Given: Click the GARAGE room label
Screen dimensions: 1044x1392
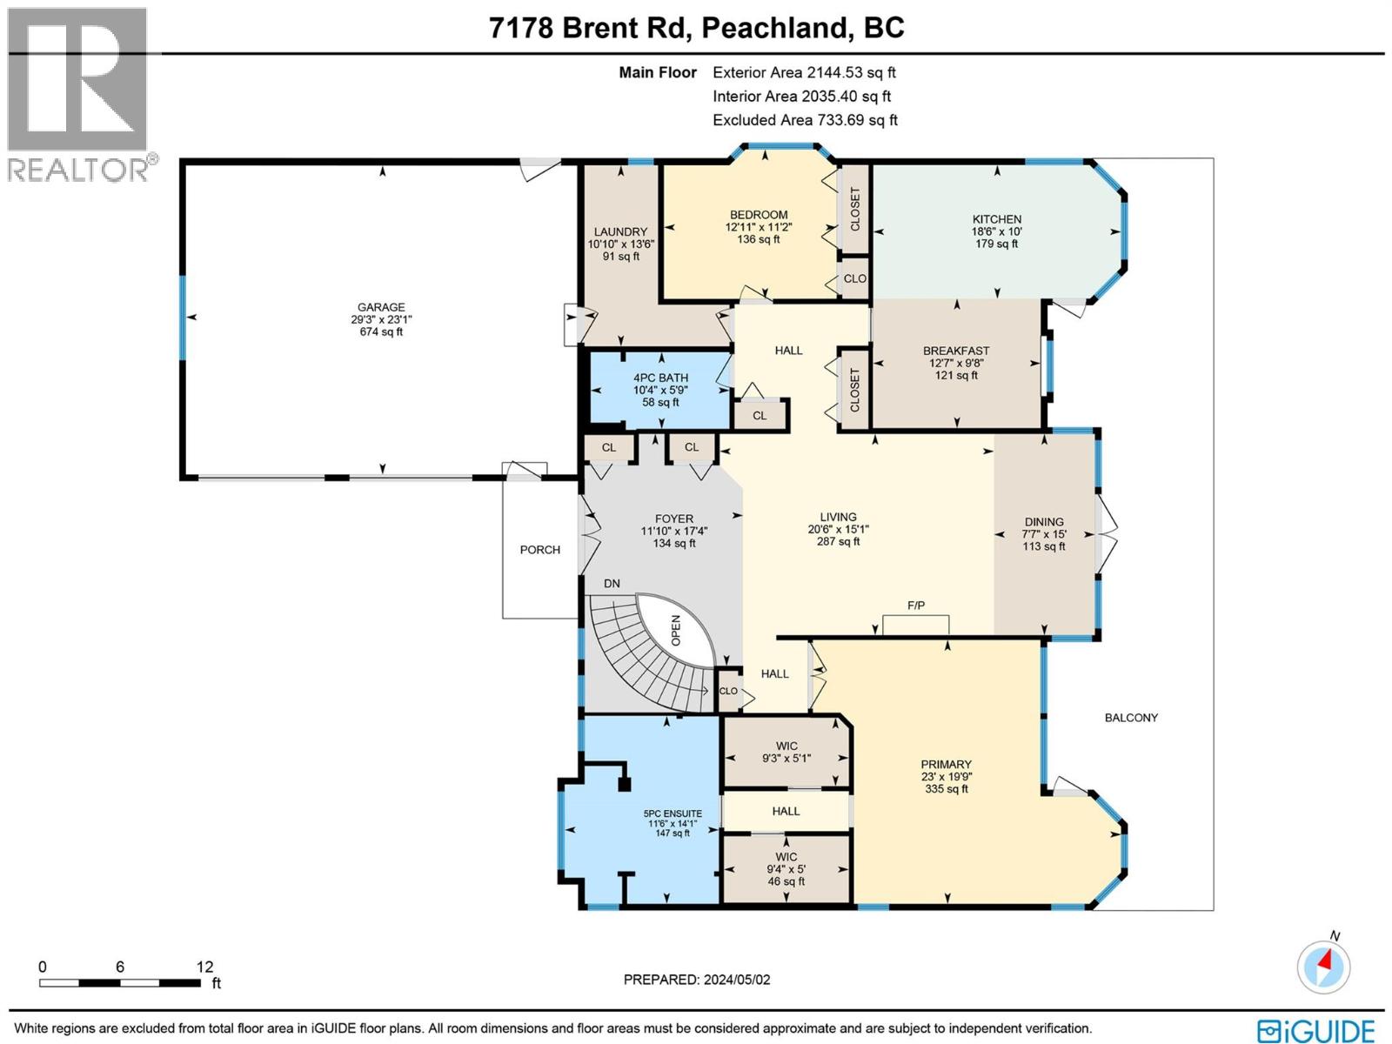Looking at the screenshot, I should tap(381, 307).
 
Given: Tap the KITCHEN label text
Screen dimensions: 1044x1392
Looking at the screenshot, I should tap(997, 219).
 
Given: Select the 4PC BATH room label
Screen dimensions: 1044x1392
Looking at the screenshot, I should tap(660, 378).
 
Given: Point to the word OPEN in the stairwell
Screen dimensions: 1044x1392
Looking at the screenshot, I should tap(676, 631).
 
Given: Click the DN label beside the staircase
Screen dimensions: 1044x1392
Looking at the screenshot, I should tap(612, 583).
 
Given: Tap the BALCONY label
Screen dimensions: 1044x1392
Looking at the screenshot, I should tap(1131, 718).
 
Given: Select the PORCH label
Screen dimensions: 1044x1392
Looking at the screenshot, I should tap(540, 550).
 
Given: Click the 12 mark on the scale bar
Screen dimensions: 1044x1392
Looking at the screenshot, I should tap(204, 967).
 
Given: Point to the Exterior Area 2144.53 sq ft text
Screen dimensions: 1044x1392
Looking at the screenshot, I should tap(804, 73).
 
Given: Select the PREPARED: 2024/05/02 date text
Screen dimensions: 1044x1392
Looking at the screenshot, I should tap(697, 980).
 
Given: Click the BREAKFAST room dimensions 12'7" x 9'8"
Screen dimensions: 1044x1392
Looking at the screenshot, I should tap(956, 364).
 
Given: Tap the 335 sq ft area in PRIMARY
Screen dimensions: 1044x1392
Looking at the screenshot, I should tap(946, 789).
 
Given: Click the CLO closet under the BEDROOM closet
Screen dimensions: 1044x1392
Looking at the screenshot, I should tap(854, 278).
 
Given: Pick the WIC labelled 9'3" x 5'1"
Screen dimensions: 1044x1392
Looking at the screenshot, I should tap(786, 752).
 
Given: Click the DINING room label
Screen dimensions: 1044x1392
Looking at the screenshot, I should tap(1043, 522).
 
